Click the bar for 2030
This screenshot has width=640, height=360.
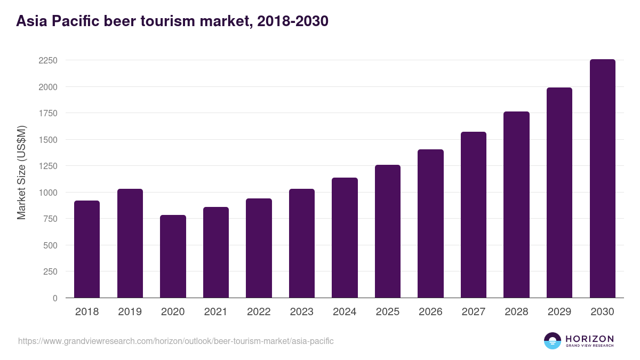click(x=602, y=179)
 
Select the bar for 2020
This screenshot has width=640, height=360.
click(x=173, y=257)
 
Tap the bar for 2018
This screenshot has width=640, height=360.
click(x=87, y=249)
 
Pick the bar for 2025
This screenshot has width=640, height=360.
click(x=388, y=231)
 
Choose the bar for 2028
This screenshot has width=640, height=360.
click(x=516, y=205)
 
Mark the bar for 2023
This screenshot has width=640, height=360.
click(x=302, y=243)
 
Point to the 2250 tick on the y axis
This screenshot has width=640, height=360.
click(x=47, y=60)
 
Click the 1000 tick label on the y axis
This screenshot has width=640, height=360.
click(x=47, y=193)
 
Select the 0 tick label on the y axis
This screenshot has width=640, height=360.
click(x=54, y=298)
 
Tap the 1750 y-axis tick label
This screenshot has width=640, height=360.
click(x=47, y=113)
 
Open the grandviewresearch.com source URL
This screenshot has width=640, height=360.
click(x=176, y=341)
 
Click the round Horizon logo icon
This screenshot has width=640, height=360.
click(x=553, y=341)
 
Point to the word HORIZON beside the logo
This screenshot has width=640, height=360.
click(x=589, y=338)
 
